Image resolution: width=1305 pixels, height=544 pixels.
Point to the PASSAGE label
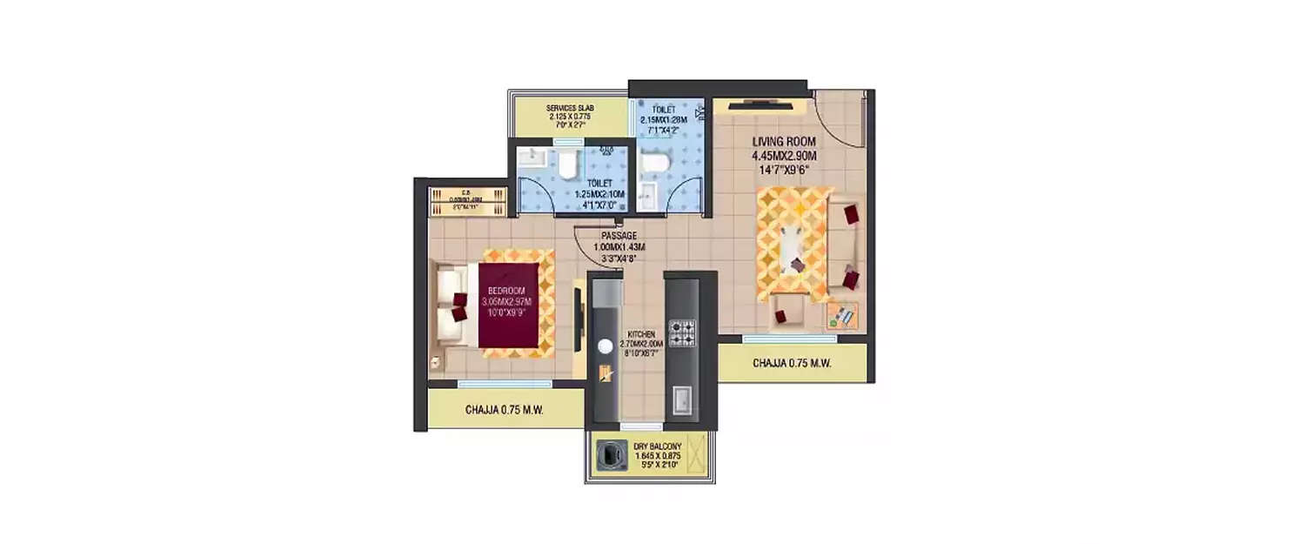point(619,235)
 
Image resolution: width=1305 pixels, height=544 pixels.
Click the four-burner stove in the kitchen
point(682,332)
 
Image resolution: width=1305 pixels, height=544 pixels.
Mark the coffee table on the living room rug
point(793,248)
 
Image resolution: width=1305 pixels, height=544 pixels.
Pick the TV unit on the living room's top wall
point(760,105)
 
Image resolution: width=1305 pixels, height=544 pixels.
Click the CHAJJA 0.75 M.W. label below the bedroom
point(504,409)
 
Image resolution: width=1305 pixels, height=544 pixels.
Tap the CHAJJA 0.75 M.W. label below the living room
point(792,364)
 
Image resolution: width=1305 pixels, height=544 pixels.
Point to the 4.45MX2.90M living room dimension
point(785,156)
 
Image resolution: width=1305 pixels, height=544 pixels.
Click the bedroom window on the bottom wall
point(492,383)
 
